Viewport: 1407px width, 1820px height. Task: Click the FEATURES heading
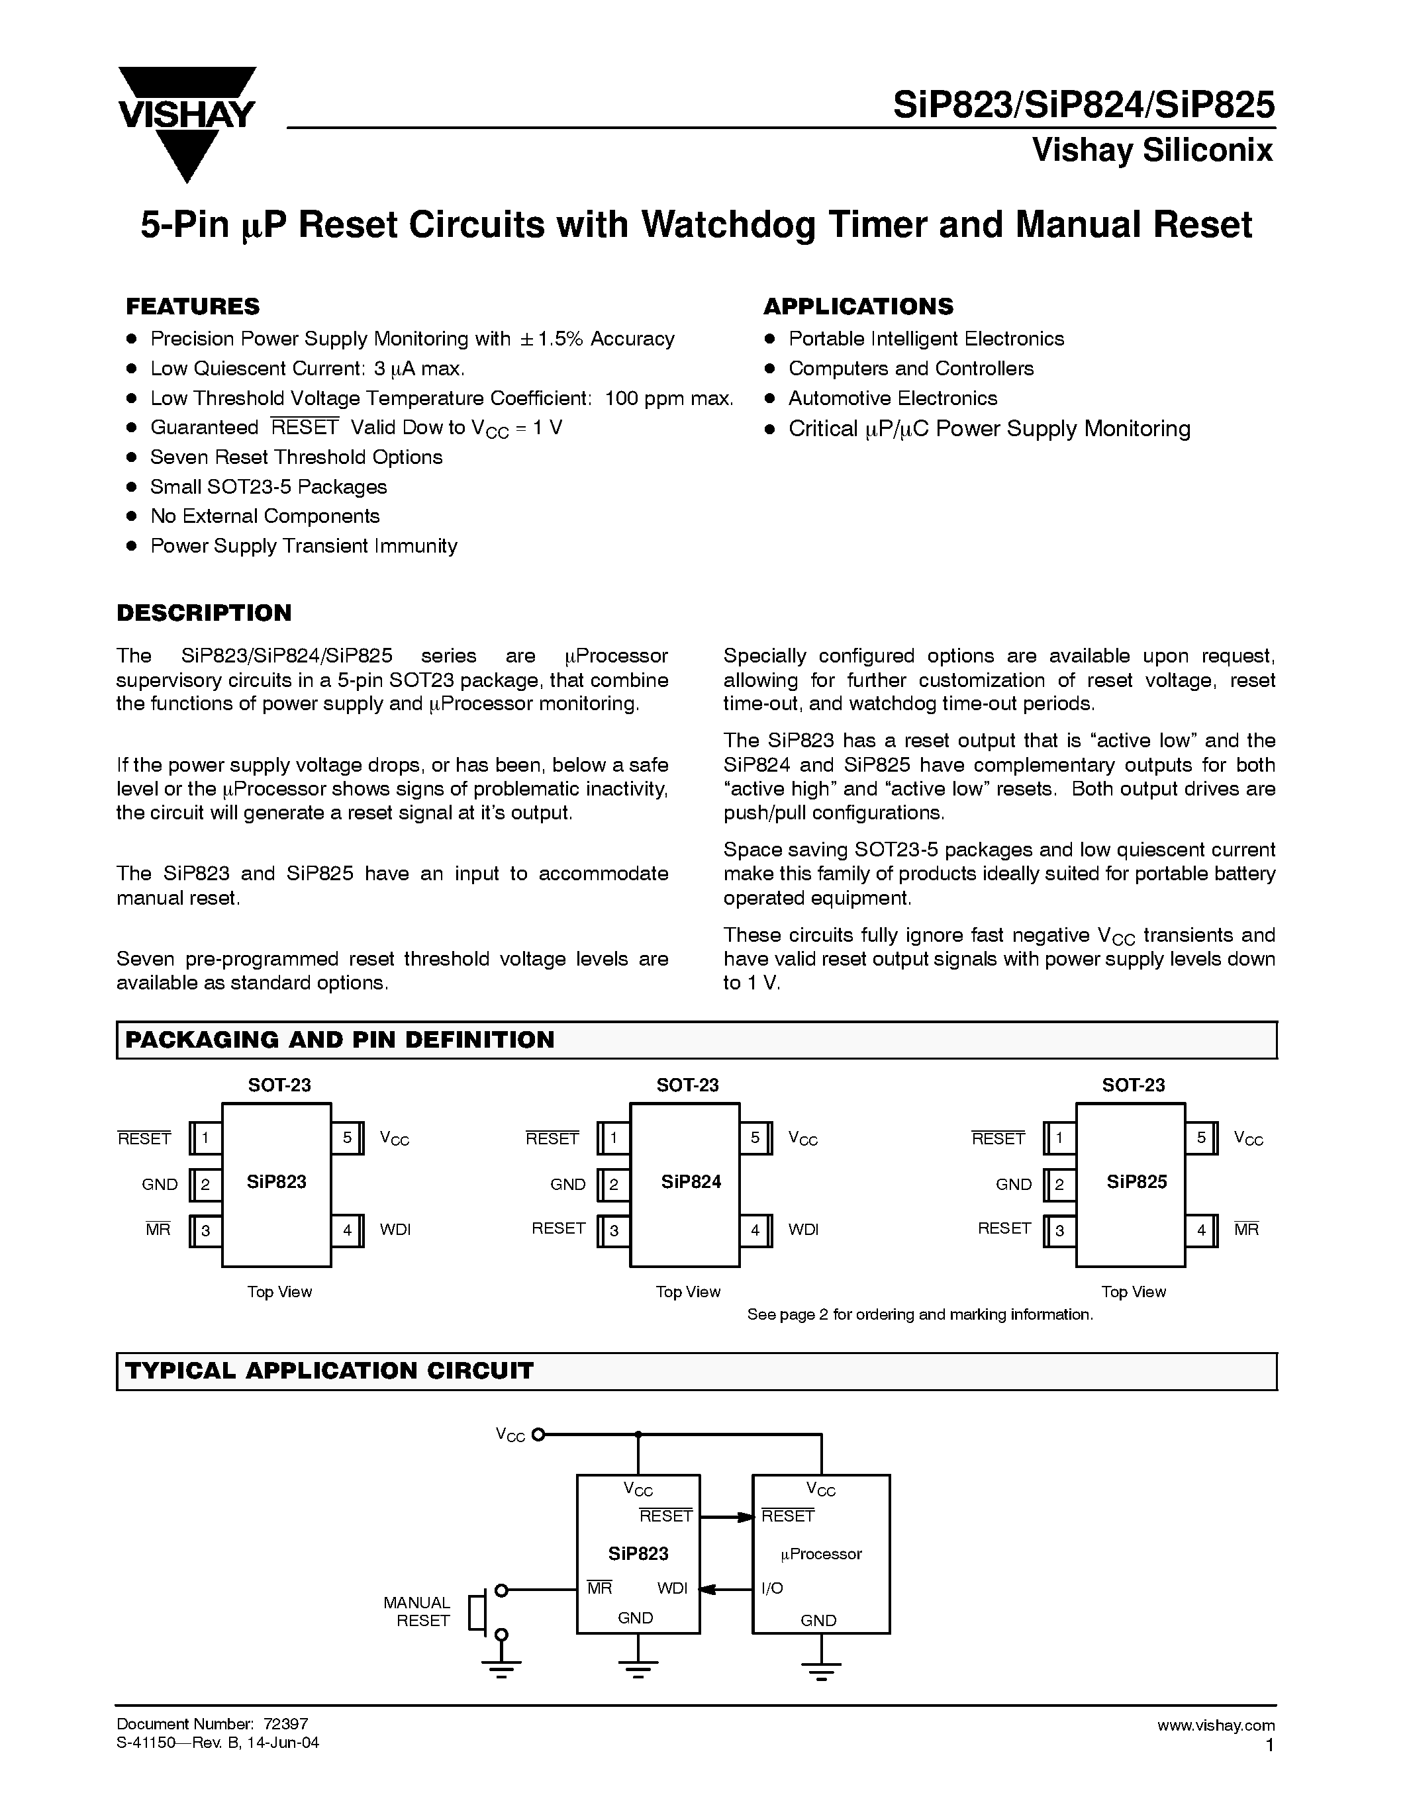(x=193, y=306)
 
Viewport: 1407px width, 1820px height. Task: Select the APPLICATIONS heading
(x=857, y=306)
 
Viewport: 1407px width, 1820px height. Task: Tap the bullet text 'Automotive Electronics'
(x=892, y=398)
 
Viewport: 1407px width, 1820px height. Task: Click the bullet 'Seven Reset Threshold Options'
(x=296, y=457)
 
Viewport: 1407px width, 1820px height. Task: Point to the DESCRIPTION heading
(x=204, y=614)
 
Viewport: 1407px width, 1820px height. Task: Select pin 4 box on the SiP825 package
(x=1201, y=1230)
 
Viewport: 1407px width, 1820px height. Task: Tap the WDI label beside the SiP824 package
(x=804, y=1230)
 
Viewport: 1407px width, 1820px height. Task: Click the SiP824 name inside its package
(x=691, y=1181)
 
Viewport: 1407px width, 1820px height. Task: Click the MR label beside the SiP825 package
(x=1246, y=1230)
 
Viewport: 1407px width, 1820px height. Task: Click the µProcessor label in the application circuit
(x=821, y=1554)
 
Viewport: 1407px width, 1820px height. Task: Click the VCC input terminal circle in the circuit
(x=538, y=1434)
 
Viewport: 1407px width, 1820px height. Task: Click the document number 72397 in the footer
(x=286, y=1724)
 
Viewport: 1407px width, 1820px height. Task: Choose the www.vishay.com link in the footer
(x=1215, y=1725)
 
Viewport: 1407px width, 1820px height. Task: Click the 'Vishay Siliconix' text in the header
(x=1152, y=151)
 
